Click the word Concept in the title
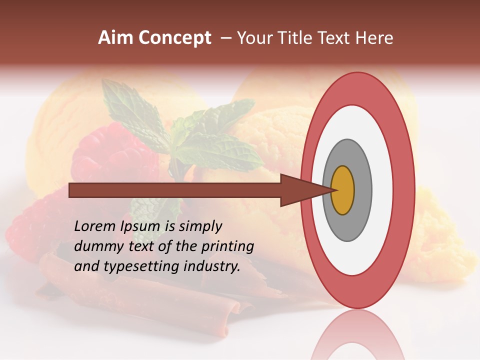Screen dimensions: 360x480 tap(174, 38)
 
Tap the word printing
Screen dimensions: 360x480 tap(227, 246)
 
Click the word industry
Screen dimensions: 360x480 tap(212, 266)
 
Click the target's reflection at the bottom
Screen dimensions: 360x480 tap(357, 337)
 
